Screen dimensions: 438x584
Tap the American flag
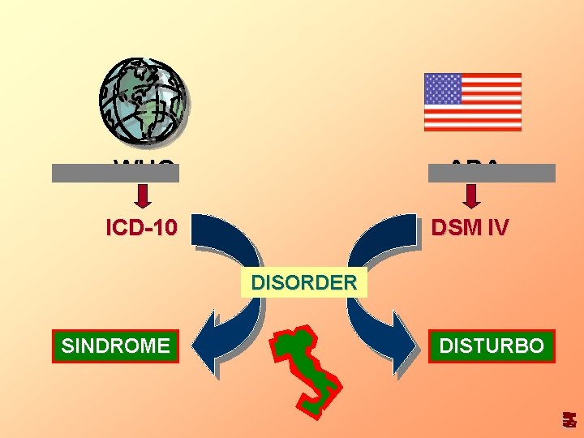click(x=473, y=102)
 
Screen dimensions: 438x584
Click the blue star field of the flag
click(x=443, y=88)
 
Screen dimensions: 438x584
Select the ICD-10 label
click(x=141, y=228)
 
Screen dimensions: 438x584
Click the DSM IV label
click(x=470, y=228)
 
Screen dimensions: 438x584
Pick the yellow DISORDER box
click(x=304, y=283)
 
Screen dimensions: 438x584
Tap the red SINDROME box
click(x=116, y=346)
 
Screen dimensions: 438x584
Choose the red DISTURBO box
click(x=492, y=346)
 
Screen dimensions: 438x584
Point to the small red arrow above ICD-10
click(x=143, y=195)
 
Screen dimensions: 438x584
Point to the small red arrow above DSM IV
click(x=472, y=195)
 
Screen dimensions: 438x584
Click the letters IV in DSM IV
click(x=498, y=228)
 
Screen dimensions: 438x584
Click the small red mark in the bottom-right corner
click(x=570, y=419)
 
